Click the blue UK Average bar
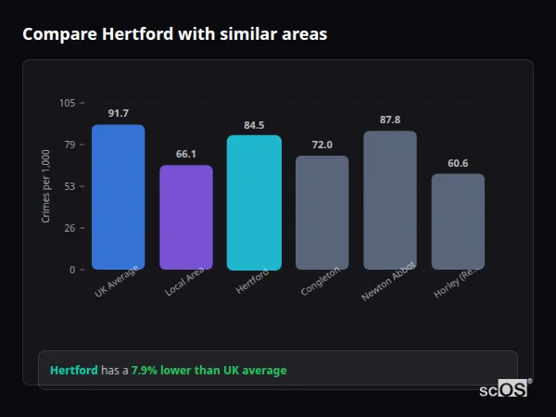[118, 197]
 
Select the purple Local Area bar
[186, 218]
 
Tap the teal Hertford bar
[254, 203]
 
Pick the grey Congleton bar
[322, 213]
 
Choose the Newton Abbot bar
[390, 200]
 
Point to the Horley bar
[458, 221]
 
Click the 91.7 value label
[118, 114]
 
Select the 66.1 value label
[186, 154]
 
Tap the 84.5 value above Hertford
[254, 125]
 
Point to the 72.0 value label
[322, 145]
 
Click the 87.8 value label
[390, 120]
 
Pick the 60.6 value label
[458, 163]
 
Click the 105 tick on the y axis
[68, 103]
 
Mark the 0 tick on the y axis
[72, 270]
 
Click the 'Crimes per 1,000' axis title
[46, 186]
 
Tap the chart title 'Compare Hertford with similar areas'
[174, 34]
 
